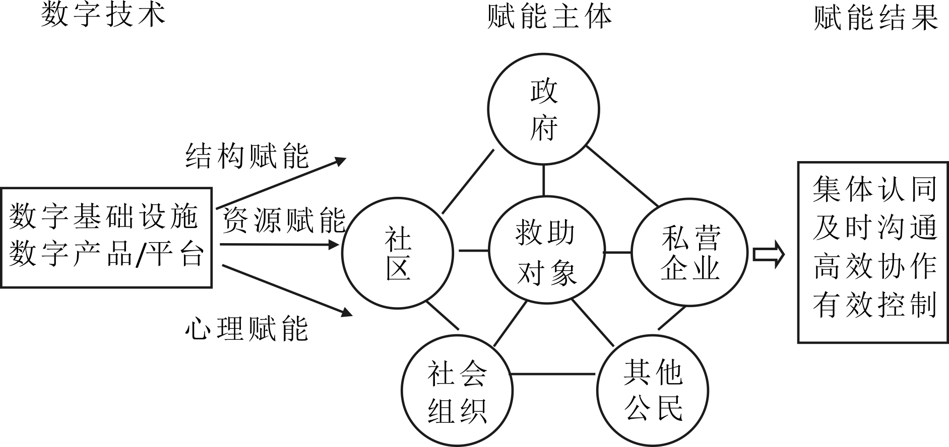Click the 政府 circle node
click(543, 109)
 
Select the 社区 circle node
click(398, 253)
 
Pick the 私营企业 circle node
click(689, 253)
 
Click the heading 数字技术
click(103, 14)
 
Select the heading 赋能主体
click(550, 16)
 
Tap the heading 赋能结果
click(876, 18)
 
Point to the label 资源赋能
click(284, 220)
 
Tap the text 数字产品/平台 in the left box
click(106, 254)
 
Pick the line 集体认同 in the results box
click(874, 189)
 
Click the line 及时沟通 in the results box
click(874, 227)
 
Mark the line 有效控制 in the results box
click(874, 305)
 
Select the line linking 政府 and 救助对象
click(544, 180)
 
